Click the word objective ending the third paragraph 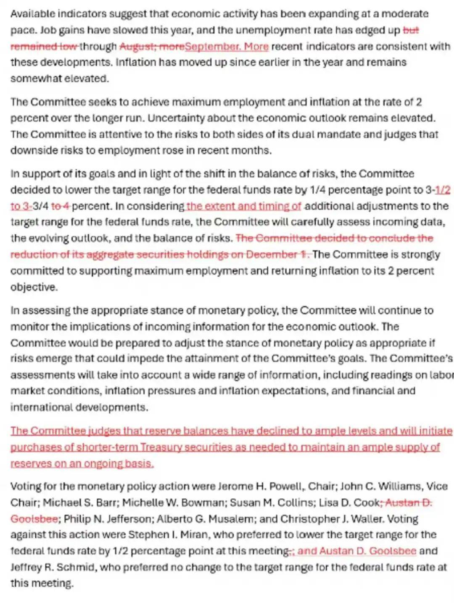[x=33, y=287]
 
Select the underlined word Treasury [x=161, y=447]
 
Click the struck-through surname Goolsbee [x=34, y=519]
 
